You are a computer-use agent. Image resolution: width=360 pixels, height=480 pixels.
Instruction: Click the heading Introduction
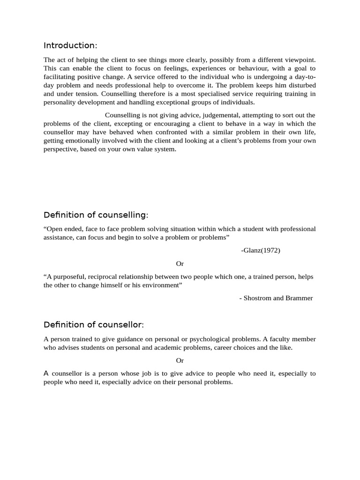click(x=70, y=45)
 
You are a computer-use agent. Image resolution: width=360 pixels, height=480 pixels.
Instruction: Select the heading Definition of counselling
click(x=96, y=215)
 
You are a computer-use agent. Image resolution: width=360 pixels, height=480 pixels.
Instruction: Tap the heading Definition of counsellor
click(x=94, y=325)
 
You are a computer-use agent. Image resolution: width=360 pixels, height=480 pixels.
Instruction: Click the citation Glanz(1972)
click(x=261, y=250)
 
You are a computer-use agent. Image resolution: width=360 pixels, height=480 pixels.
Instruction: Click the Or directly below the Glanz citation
click(x=180, y=264)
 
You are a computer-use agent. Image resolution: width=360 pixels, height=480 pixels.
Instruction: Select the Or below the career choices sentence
click(x=180, y=360)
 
